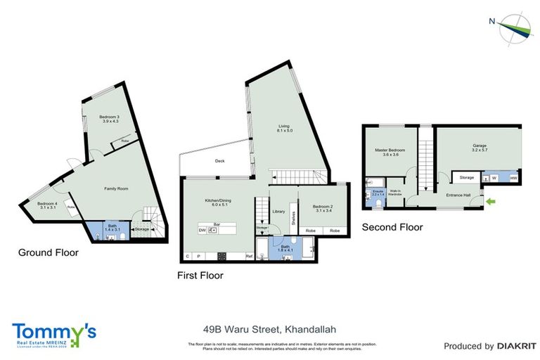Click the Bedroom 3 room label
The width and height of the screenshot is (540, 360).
(109, 119)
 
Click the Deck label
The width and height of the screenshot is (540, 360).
(219, 161)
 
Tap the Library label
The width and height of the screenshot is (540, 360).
(278, 211)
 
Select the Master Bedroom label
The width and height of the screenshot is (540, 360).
(390, 152)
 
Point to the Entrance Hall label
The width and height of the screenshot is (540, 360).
(458, 196)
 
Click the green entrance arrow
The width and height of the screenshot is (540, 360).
(490, 202)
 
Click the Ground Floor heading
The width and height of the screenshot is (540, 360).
(49, 252)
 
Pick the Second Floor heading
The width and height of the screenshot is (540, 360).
(392, 227)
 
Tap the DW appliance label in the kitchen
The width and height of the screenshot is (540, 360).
(202, 230)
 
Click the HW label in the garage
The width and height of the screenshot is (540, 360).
(513, 178)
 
